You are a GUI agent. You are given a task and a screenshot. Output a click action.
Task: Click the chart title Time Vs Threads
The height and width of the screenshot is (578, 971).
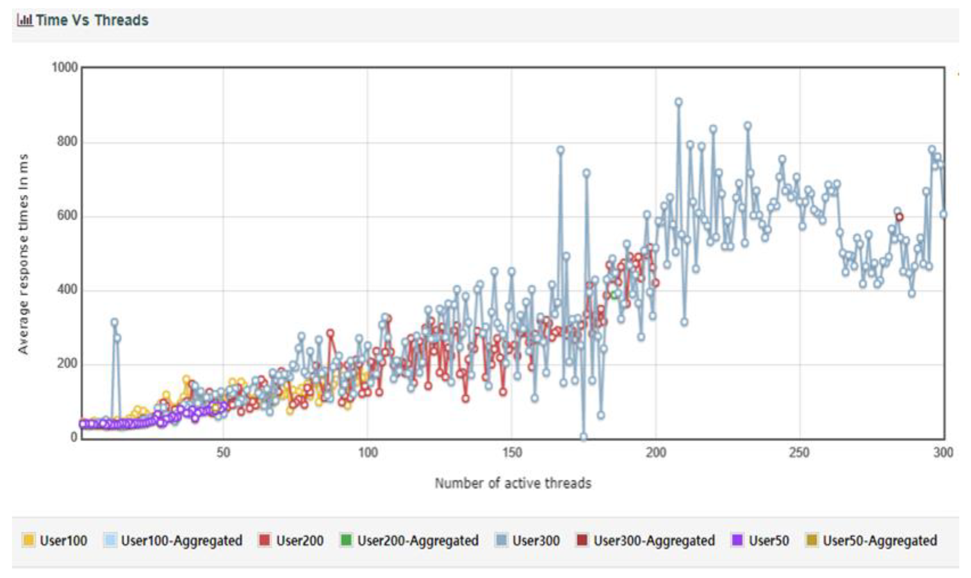click(92, 20)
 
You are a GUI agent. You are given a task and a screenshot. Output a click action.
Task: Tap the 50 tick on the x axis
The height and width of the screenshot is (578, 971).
click(223, 452)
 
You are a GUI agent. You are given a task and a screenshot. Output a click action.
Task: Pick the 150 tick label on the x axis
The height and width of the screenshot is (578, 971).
click(512, 452)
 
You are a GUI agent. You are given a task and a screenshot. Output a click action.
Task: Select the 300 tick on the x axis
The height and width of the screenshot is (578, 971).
click(943, 452)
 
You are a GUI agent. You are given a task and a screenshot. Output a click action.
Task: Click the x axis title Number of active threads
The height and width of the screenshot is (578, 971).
click(513, 483)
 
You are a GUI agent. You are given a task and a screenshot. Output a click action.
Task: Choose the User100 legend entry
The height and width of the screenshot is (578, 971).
click(55, 541)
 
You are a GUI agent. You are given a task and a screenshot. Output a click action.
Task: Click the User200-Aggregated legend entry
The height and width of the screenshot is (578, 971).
click(409, 541)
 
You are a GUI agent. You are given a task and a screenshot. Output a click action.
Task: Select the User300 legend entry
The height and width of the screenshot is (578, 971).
click(528, 541)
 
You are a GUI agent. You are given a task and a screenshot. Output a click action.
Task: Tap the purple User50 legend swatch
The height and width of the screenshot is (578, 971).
click(737, 541)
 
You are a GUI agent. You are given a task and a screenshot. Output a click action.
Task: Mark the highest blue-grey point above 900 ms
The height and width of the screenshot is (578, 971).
click(679, 102)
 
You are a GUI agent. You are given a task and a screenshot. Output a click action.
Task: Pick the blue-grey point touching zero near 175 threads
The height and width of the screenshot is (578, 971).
click(583, 437)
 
